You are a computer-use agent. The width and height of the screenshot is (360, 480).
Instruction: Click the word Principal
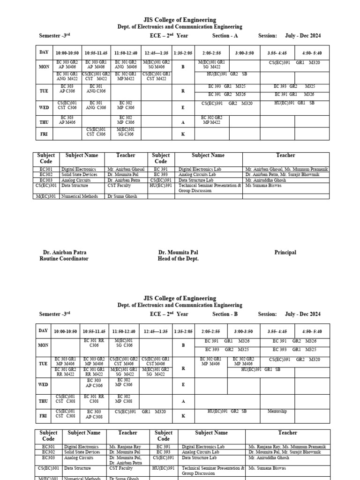285,252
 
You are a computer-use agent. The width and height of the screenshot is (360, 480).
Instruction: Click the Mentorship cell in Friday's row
277,412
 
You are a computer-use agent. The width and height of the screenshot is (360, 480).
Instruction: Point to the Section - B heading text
226,314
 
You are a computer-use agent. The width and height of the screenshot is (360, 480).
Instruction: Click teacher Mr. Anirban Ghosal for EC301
126,169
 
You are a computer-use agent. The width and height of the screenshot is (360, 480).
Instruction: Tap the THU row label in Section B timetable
44,401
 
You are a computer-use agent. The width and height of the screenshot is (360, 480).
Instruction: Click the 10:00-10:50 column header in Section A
67,53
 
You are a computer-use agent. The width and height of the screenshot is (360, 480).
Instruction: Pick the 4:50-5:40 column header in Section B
311,331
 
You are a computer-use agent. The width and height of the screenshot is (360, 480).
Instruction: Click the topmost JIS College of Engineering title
180,20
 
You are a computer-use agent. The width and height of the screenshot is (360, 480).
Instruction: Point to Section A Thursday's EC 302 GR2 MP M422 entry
212,120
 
